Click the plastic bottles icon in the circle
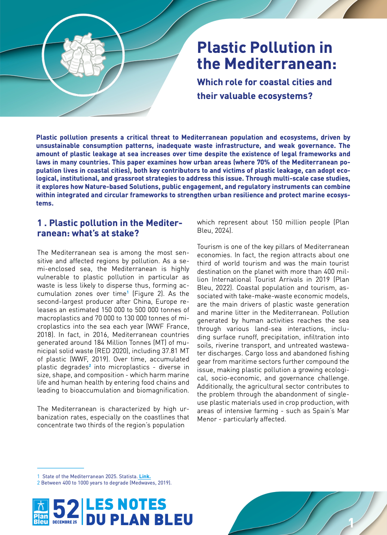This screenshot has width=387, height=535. tap(83, 55)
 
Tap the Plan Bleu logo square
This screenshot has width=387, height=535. tap(41, 512)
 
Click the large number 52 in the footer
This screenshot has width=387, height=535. tap(66, 509)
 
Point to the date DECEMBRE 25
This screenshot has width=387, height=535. tap(65, 522)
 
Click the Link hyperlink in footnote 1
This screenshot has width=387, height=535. tap(145, 477)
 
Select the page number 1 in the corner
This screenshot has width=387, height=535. tap(351, 523)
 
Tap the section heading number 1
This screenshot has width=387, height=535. tap(39, 223)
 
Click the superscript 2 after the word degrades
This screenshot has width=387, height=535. tap(90, 365)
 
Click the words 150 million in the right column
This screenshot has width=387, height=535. tap(290, 223)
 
